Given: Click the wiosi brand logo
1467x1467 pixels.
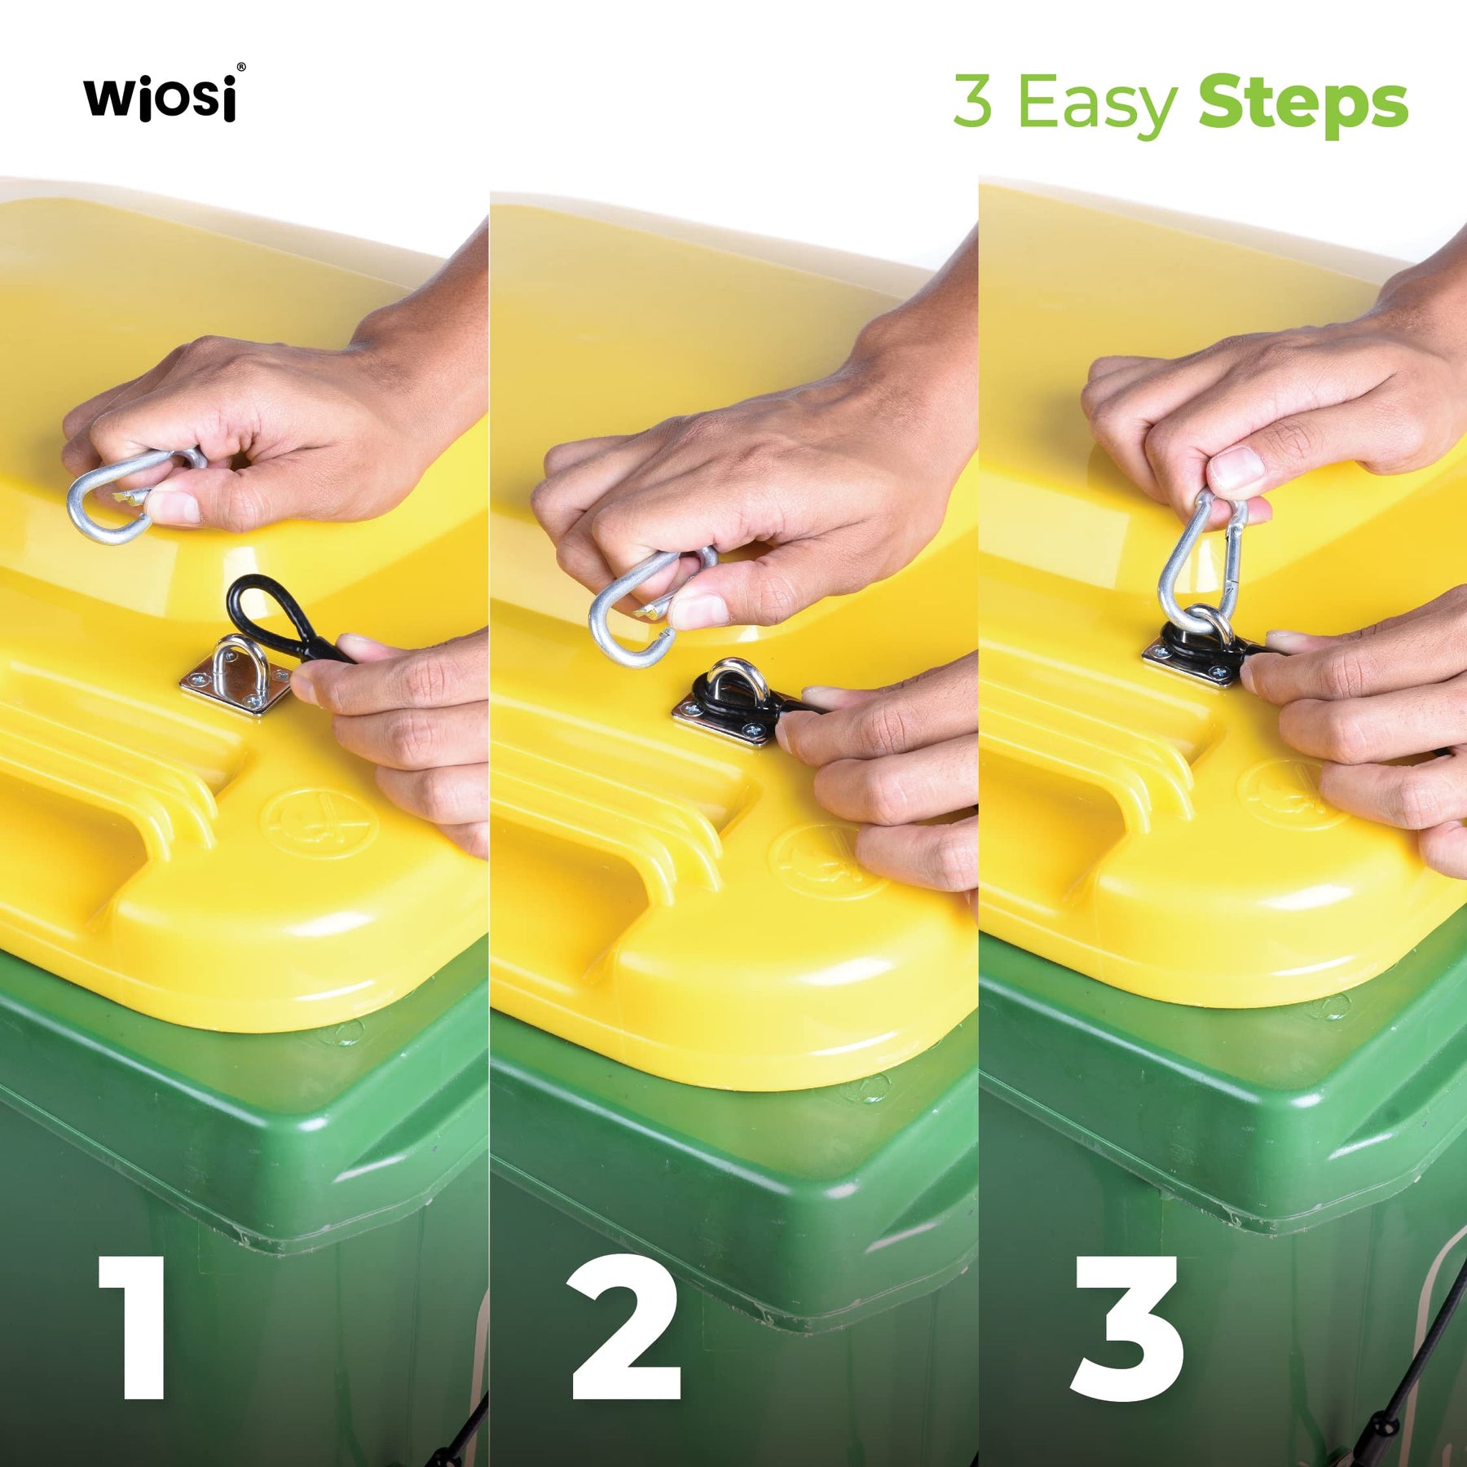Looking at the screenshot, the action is (160, 98).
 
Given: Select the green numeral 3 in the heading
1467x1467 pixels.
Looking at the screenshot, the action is (973, 101).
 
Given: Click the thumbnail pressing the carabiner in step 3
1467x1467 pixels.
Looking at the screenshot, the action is (1236, 469).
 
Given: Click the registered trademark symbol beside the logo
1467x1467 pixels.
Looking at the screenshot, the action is (240, 68).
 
